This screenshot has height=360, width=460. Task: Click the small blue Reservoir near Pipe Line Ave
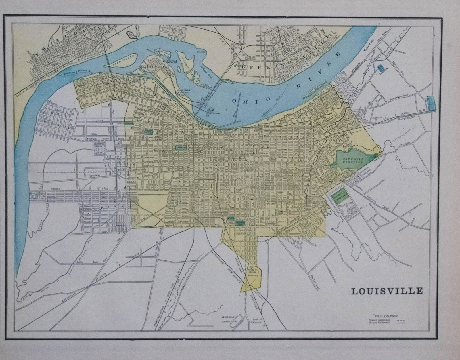pyautogui.click(x=381, y=68)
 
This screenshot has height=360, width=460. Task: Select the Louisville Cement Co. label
pyautogui.click(x=173, y=62)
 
